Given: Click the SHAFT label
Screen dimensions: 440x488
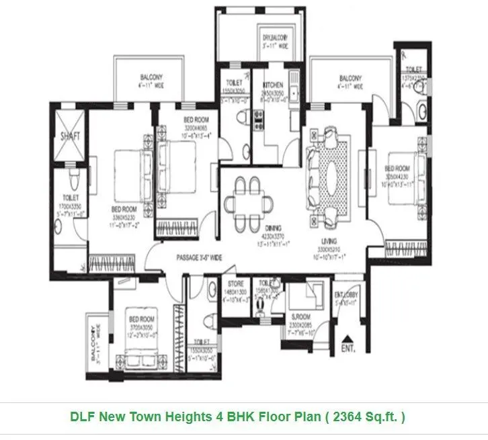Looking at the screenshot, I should [x=70, y=136].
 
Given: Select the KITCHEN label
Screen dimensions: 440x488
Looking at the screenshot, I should [x=272, y=85].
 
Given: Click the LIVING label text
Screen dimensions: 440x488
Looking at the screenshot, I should [x=329, y=240].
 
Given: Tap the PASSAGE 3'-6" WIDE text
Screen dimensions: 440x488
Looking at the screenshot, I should [x=198, y=257].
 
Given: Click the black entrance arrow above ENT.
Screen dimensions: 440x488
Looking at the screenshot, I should [x=348, y=339].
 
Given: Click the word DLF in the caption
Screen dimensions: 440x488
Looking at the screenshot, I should [x=83, y=416].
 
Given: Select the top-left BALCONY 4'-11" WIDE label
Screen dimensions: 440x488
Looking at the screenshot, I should [x=151, y=77].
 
